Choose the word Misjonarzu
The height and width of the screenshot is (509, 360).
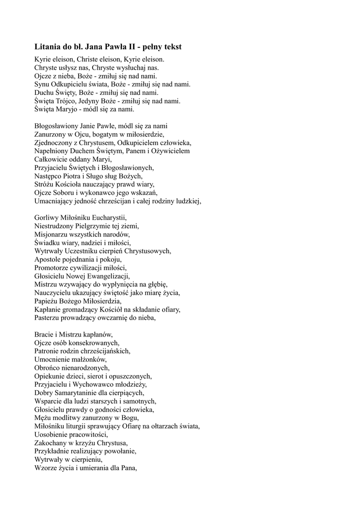51,234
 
